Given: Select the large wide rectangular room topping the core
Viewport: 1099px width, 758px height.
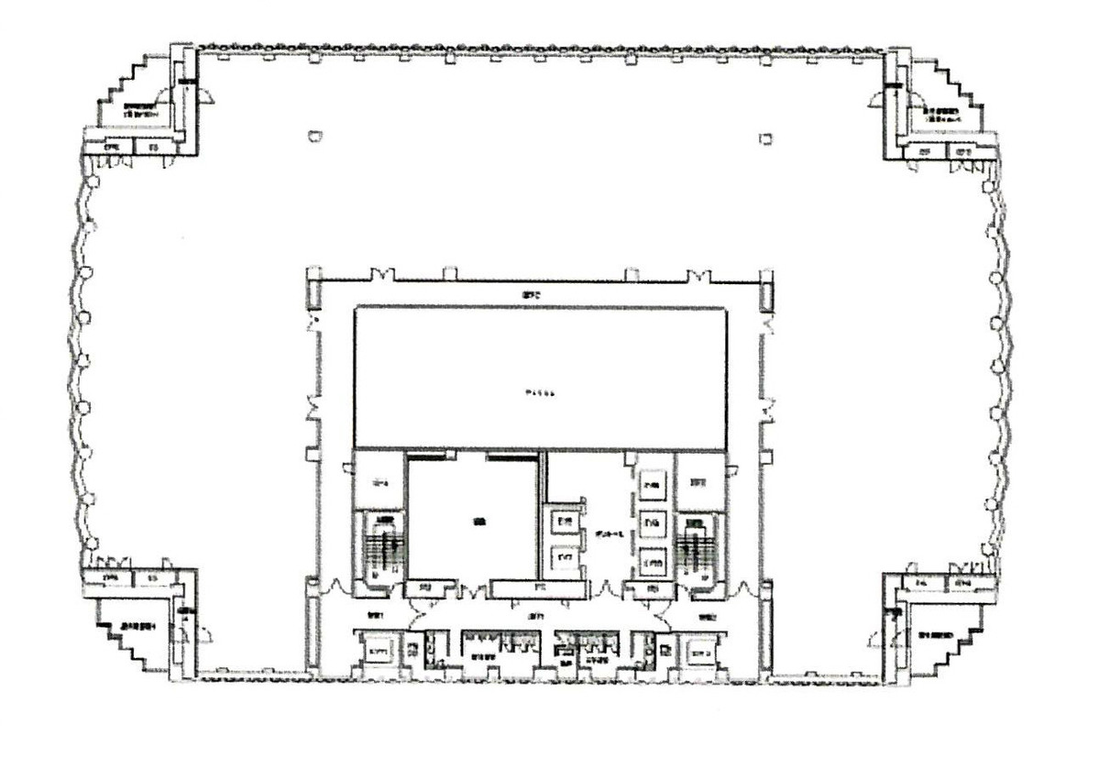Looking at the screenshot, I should click(x=541, y=378).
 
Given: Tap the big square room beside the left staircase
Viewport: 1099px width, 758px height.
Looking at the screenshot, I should click(x=472, y=520).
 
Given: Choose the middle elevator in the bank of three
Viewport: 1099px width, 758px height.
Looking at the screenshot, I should click(x=653, y=522).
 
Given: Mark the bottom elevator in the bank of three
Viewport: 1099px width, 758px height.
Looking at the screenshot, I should click(x=653, y=557).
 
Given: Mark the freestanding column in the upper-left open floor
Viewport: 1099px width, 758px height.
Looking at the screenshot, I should click(x=315, y=137).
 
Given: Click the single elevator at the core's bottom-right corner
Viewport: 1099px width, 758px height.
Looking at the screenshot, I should click(x=701, y=653).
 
